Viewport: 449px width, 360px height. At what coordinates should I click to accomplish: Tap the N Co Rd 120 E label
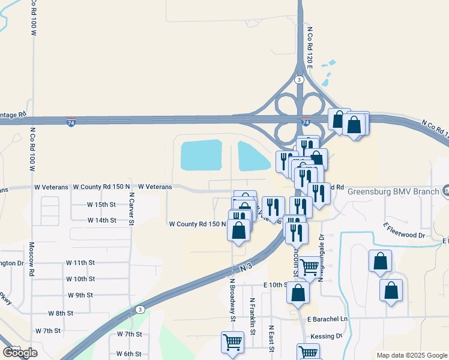point(310,47)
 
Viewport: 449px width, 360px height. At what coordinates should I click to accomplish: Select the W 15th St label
point(101,205)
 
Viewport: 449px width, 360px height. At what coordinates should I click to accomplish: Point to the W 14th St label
point(101,221)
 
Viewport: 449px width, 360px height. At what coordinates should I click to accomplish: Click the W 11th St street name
point(80,263)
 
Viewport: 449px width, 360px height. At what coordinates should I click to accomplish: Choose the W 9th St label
point(80,295)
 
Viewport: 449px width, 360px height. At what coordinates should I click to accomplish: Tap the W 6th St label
point(129,354)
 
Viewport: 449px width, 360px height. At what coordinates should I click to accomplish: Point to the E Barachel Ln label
point(327,320)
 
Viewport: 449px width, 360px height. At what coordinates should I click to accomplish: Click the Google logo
point(20,353)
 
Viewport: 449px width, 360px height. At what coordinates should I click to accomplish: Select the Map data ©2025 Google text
point(412,355)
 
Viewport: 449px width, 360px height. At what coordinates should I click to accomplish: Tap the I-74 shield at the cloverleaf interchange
point(306,122)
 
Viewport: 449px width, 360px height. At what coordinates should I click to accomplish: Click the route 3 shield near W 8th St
point(140,310)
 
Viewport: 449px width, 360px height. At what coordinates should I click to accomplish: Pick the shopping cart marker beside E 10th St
point(310,267)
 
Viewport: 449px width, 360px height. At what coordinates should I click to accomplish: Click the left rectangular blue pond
point(201,155)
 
